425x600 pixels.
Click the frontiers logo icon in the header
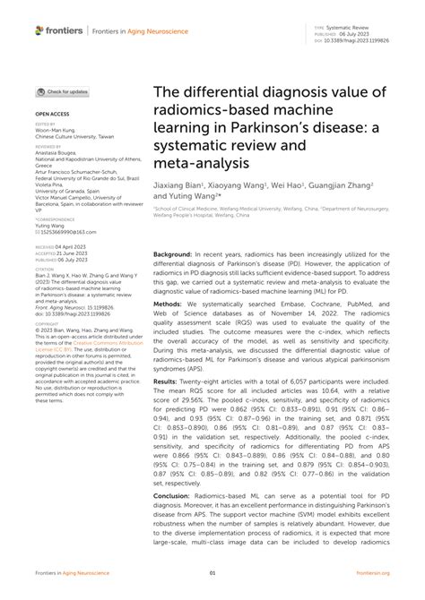click(x=40, y=30)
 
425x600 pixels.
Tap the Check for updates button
click(x=62, y=91)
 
